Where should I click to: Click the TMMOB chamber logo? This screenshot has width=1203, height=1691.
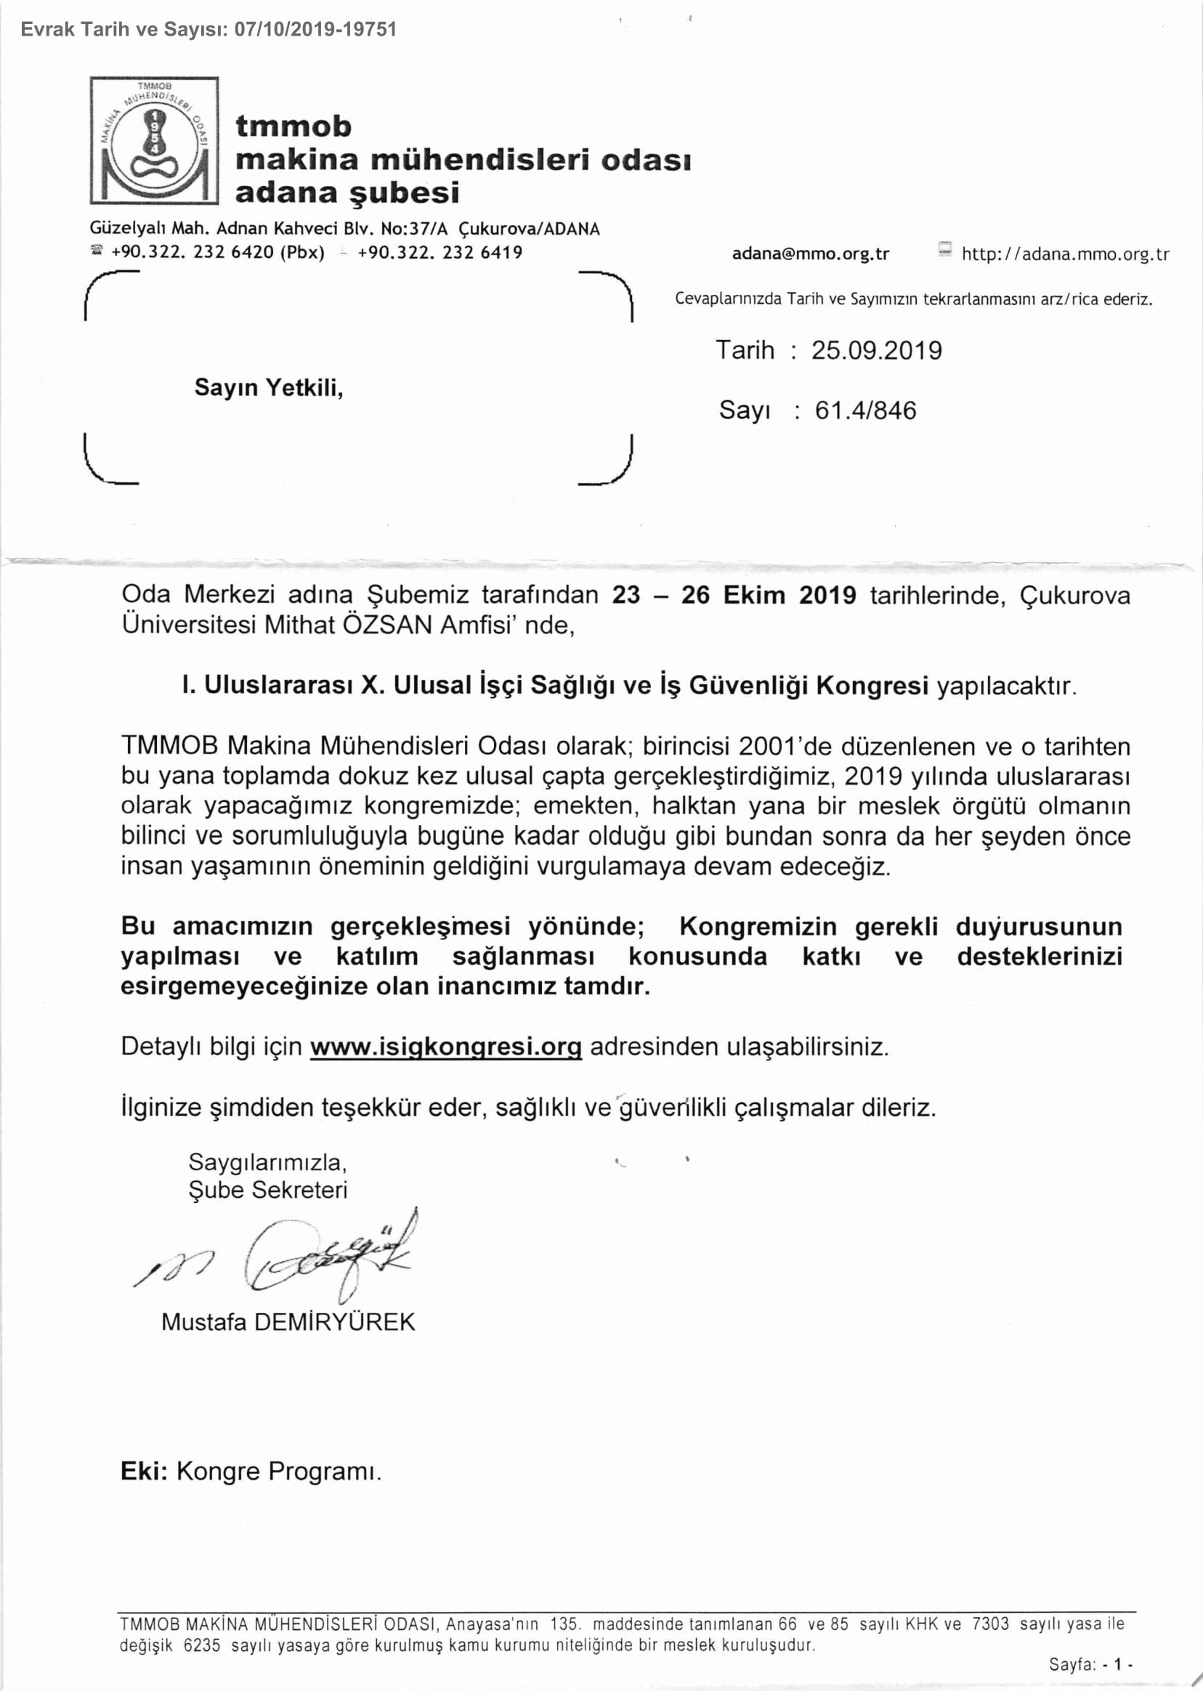(x=154, y=140)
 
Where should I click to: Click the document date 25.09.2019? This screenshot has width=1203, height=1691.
(x=876, y=350)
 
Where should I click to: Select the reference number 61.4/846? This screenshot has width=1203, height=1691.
(x=865, y=410)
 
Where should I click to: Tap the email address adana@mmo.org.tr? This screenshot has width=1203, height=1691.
(x=811, y=254)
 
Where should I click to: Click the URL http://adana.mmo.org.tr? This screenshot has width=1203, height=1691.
(x=1065, y=254)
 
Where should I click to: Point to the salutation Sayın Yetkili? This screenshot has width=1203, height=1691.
(x=268, y=387)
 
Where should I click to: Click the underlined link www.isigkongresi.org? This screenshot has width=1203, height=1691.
(x=445, y=1047)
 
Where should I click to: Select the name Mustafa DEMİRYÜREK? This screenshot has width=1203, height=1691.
(x=288, y=1322)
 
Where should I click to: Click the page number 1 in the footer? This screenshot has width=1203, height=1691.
(x=1118, y=1665)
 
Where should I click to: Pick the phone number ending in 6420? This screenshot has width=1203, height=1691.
(x=218, y=253)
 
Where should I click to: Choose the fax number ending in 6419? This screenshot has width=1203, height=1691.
(x=440, y=253)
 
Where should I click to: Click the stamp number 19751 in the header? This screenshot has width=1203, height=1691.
(x=373, y=30)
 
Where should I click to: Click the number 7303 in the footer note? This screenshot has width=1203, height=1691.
(x=990, y=1624)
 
